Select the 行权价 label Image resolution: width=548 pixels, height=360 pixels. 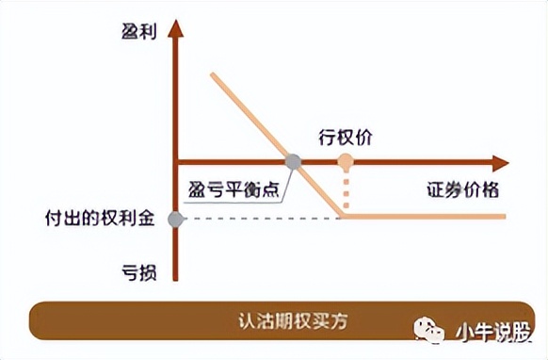click(x=347, y=137)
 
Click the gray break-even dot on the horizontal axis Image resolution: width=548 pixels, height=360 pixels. click(x=293, y=161)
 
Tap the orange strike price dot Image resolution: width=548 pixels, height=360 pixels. click(x=346, y=161)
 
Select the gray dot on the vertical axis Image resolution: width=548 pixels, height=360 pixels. click(x=175, y=220)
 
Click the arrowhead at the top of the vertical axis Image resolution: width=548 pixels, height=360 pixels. click(x=175, y=27)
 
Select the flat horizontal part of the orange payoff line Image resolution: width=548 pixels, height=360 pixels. click(x=424, y=217)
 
